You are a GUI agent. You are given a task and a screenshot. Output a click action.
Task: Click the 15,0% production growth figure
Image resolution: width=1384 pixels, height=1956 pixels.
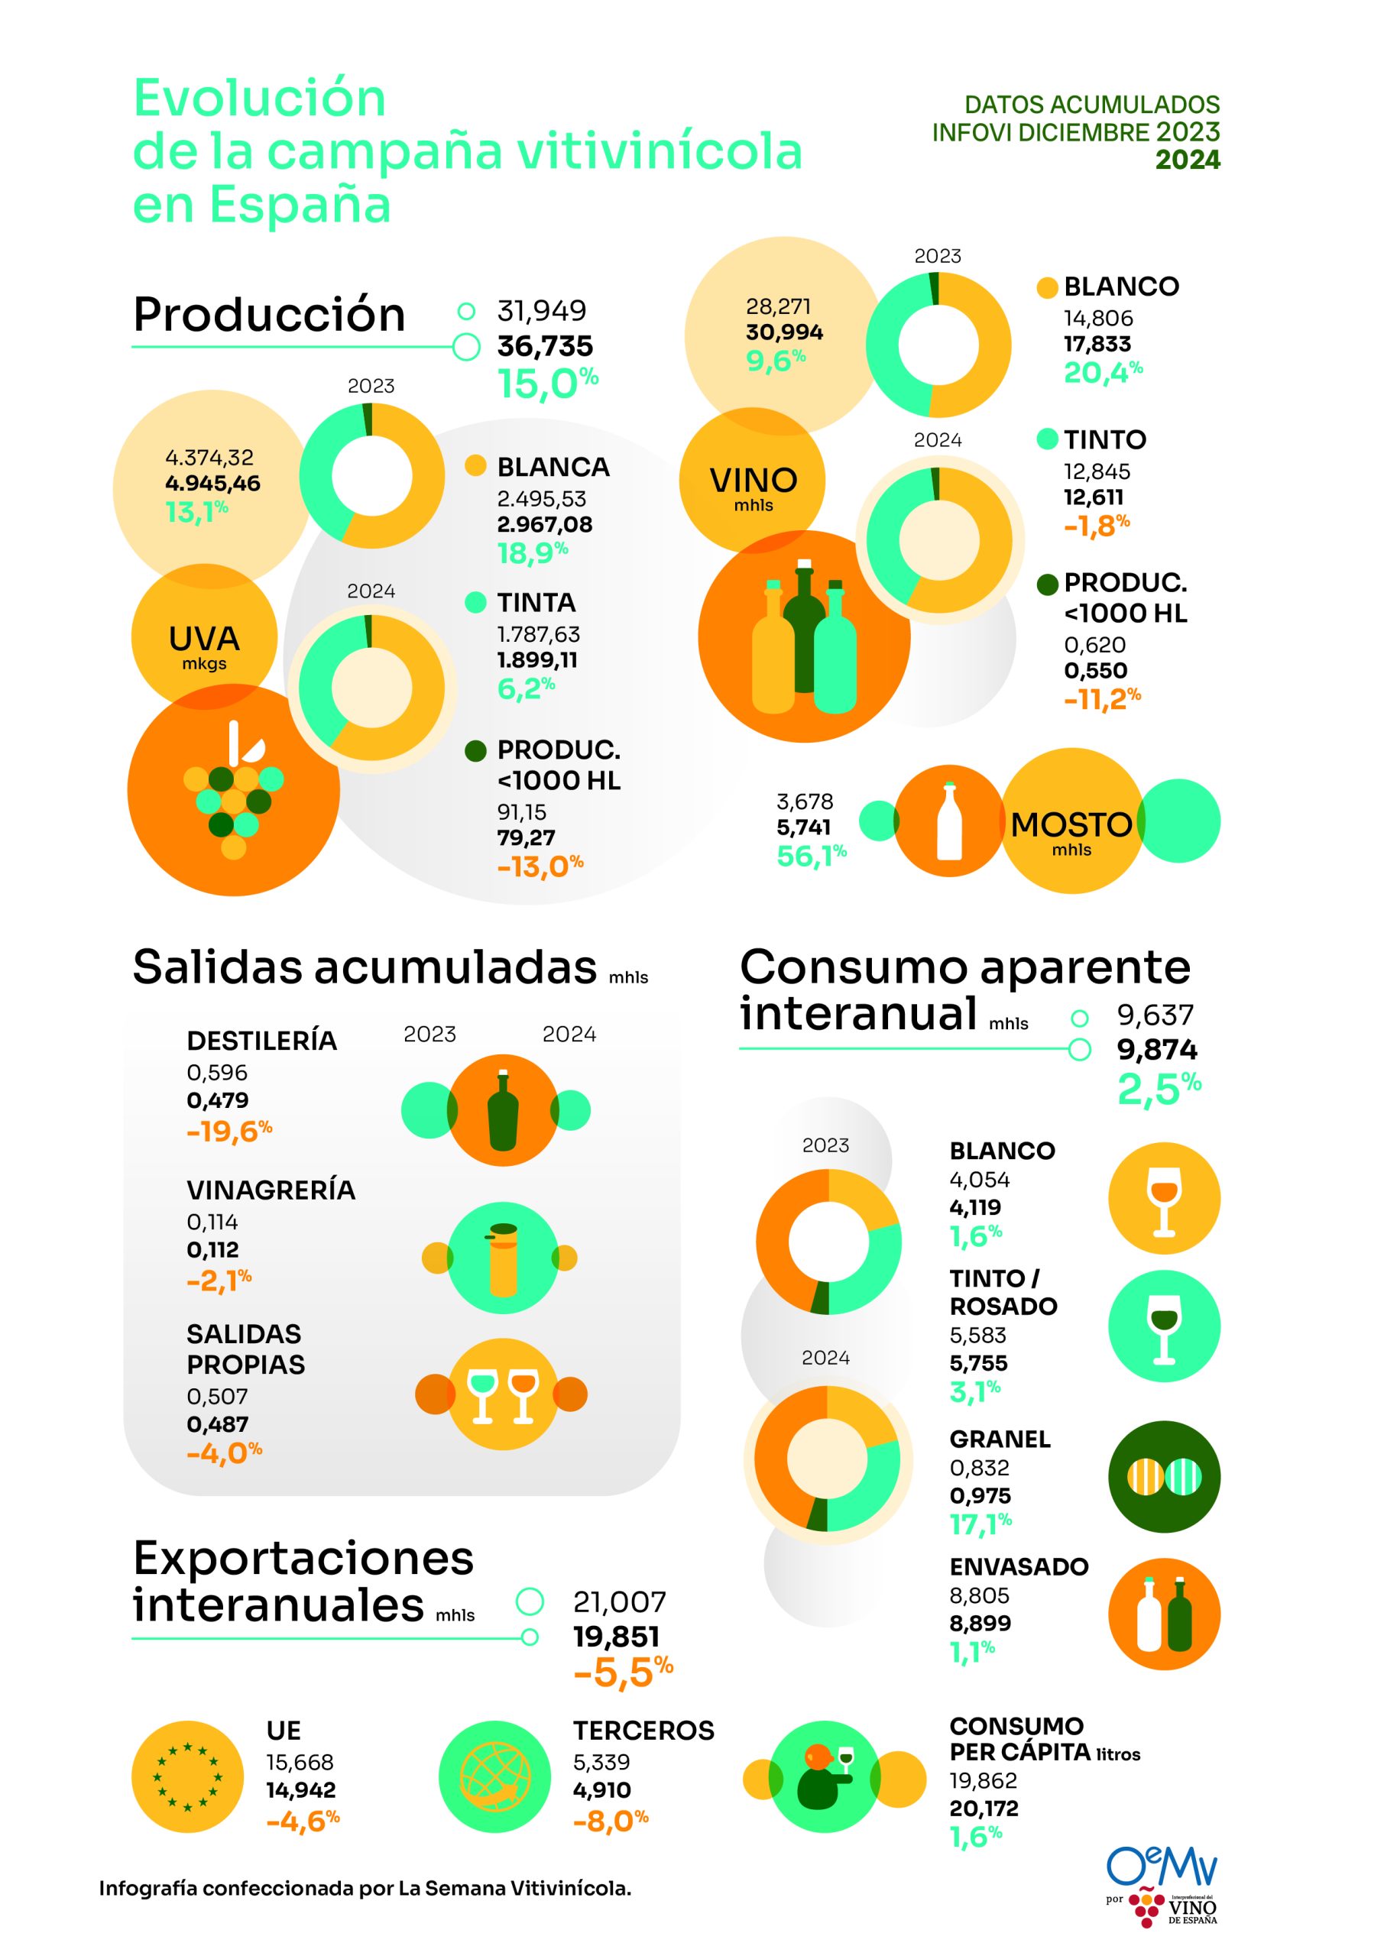(547, 384)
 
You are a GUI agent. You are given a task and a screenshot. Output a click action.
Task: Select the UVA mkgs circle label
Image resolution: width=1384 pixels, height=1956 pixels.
(205, 645)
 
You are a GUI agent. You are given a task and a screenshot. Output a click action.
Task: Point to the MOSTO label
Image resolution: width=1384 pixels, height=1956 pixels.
(1071, 824)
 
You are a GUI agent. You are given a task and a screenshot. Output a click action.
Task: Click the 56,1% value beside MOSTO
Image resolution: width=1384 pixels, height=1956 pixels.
(811, 855)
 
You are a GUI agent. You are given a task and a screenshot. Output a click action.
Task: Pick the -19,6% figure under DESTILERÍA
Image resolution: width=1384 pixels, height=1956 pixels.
(229, 1132)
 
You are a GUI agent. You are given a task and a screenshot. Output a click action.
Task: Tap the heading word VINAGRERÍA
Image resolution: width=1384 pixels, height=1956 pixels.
(271, 1190)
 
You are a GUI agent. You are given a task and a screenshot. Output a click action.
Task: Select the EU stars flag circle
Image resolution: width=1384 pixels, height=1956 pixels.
(187, 1777)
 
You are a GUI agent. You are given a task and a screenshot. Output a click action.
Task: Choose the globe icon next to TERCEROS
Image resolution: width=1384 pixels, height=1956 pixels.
(494, 1777)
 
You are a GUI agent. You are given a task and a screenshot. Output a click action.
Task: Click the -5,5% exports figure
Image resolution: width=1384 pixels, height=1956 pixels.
(623, 1673)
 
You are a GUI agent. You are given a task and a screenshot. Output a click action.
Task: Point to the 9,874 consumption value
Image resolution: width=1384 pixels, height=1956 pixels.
(1156, 1050)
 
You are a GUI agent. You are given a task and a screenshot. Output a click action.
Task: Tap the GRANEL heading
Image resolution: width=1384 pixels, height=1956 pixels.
(1000, 1439)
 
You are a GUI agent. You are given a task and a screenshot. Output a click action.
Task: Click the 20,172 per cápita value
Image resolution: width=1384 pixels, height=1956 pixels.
(984, 1808)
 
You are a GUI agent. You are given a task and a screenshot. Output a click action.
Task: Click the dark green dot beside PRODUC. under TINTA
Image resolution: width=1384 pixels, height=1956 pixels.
(475, 750)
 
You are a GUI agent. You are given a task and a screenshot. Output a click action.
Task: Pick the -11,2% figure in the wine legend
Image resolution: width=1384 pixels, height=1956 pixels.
(1101, 699)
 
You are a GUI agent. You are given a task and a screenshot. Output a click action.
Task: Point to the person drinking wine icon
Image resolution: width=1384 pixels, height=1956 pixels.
(824, 1777)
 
